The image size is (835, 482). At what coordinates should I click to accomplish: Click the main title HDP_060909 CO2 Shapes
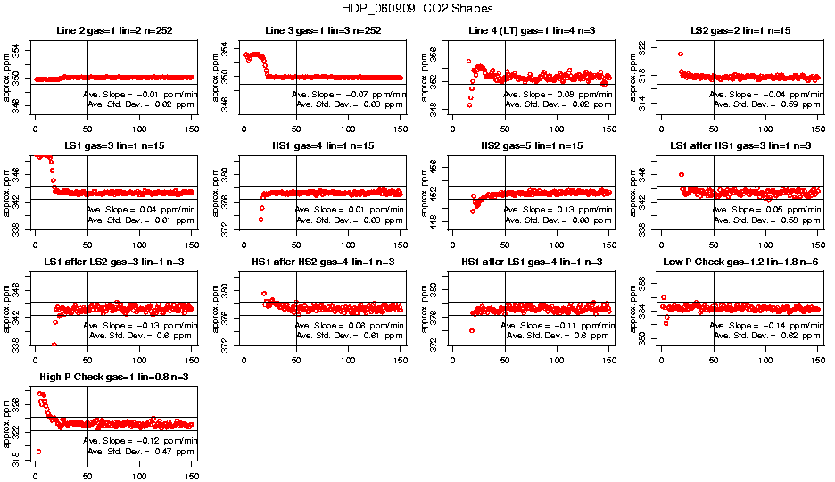417,8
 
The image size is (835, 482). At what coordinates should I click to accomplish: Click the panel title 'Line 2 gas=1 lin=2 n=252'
113,31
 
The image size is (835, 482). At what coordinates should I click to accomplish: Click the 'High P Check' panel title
113,377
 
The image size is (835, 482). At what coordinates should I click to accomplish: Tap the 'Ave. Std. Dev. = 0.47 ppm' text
139,452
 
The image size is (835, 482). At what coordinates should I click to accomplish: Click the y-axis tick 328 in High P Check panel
14,404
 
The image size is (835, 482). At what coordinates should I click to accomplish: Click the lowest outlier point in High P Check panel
38,452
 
